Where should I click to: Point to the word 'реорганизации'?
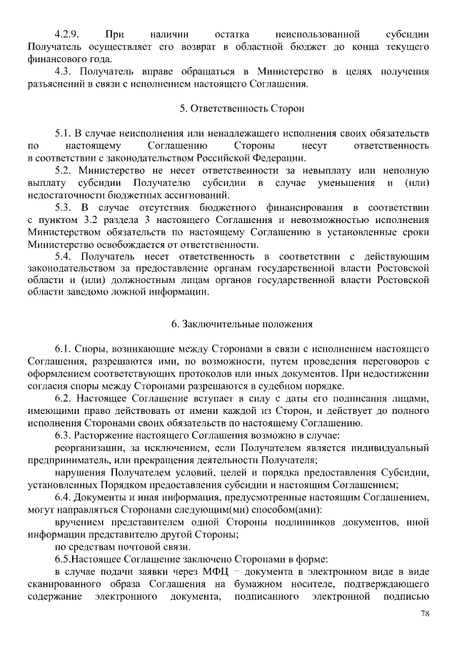(86, 447)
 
